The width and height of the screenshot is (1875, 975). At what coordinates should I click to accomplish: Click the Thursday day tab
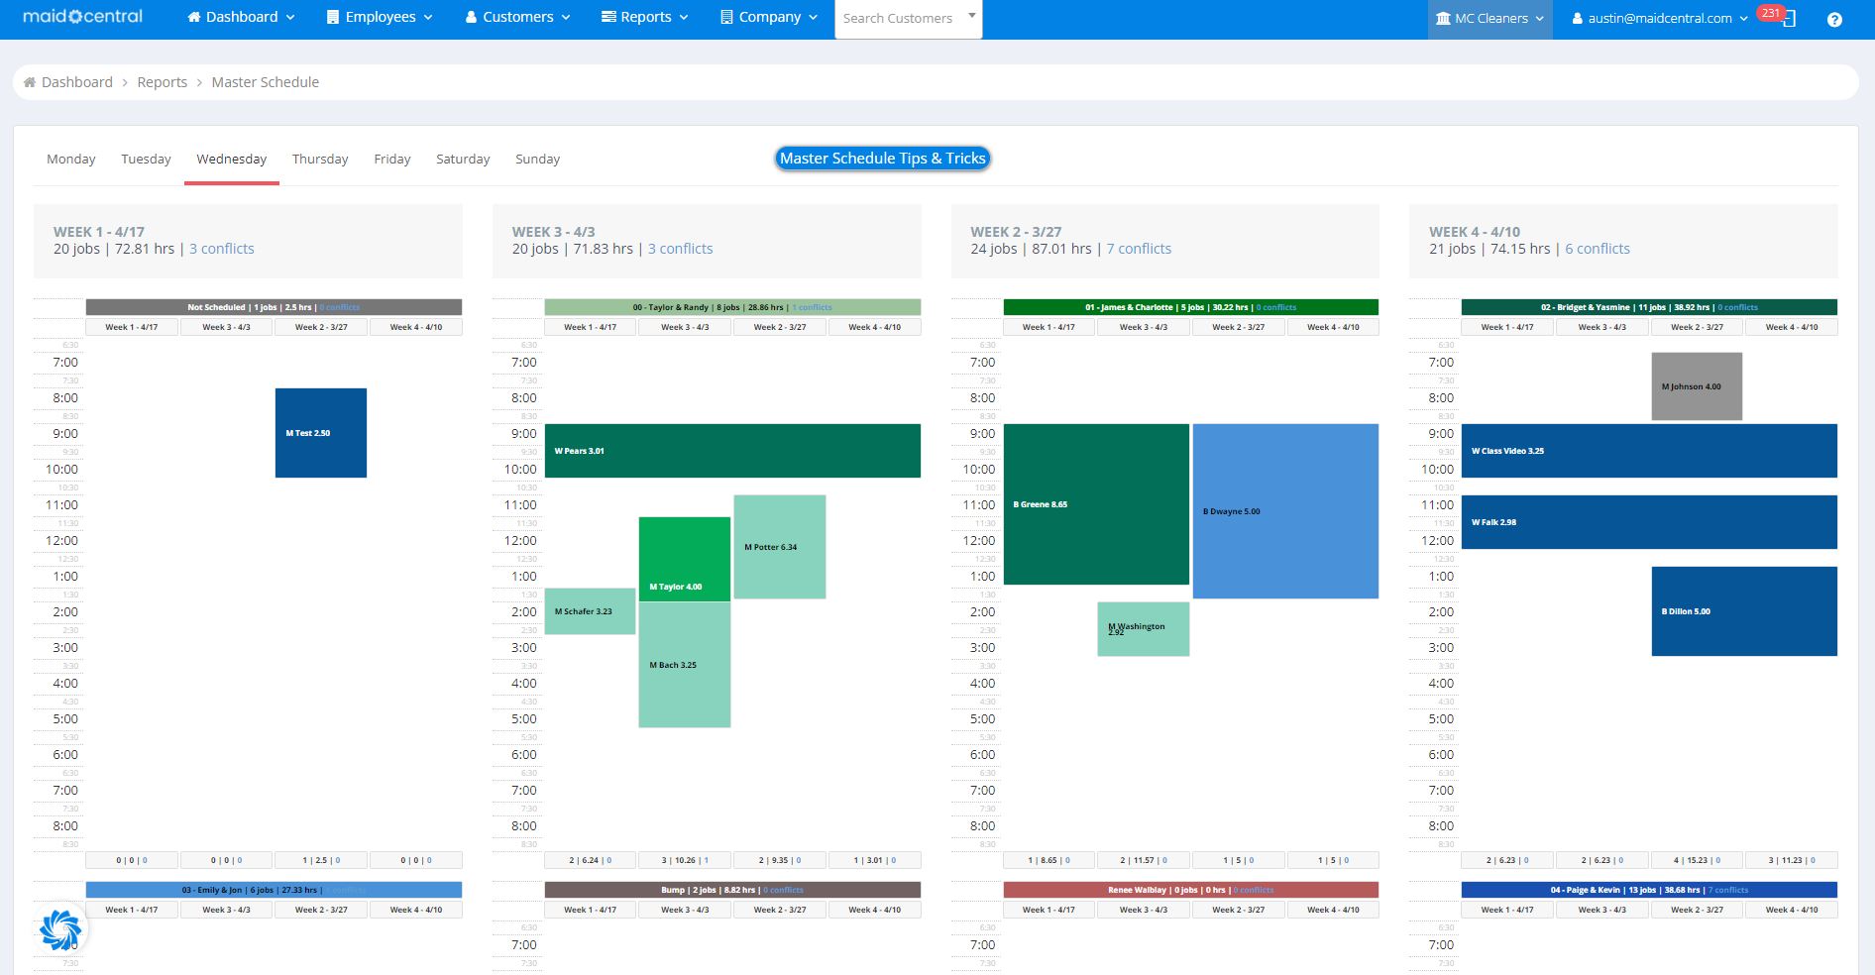[320, 159]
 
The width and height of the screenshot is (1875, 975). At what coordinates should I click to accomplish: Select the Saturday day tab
[463, 159]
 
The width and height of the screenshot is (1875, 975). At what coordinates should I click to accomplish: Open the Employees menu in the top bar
[380, 17]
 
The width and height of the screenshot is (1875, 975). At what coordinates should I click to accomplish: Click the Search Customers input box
[900, 18]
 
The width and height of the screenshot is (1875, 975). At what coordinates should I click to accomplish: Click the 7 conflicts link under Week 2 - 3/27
[1139, 249]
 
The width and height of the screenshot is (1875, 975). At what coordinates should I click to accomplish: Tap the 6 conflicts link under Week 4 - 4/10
[1598, 249]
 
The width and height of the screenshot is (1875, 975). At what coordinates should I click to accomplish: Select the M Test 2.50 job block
[321, 433]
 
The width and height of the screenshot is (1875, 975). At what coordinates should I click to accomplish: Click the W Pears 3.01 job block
[732, 451]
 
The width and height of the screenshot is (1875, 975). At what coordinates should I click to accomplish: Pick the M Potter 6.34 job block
[780, 547]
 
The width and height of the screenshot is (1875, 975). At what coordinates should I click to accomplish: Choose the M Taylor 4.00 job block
[684, 560]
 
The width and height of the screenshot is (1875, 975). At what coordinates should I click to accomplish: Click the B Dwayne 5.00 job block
[1285, 511]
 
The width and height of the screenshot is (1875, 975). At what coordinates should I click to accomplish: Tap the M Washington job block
[1143, 629]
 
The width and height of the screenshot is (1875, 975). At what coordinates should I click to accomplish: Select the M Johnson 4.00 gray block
[1697, 386]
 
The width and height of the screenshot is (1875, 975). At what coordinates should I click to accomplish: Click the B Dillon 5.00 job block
[1744, 611]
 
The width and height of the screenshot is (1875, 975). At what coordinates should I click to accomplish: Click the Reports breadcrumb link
[163, 82]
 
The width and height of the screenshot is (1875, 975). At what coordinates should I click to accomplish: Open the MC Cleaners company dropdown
[1489, 18]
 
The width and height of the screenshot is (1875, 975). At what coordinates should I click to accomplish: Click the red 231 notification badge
[1771, 13]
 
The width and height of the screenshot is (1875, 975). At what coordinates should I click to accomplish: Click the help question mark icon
[1834, 19]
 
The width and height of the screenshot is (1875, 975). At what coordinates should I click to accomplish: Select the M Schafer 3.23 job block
[590, 611]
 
